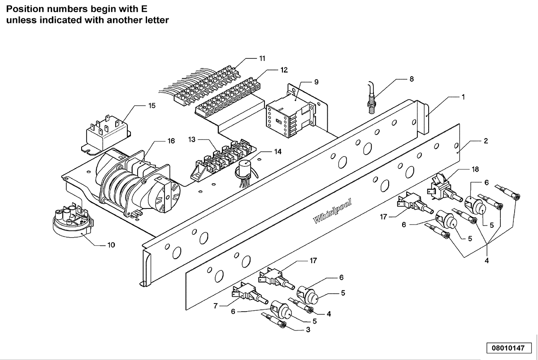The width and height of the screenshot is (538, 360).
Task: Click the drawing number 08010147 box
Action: [x=509, y=348]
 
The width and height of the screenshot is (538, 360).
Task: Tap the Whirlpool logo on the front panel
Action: [x=332, y=211]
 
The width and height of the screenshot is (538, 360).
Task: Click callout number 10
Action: [x=111, y=245]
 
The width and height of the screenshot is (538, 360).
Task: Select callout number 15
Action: [x=152, y=106]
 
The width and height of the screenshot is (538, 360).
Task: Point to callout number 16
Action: [x=171, y=141]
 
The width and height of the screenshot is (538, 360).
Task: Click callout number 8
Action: [x=412, y=79]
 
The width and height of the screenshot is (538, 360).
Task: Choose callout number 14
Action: [x=278, y=152]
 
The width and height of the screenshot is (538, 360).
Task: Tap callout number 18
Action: [x=475, y=169]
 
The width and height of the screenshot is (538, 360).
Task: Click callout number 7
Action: [x=216, y=306]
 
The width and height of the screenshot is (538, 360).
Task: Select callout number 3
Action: [x=308, y=330]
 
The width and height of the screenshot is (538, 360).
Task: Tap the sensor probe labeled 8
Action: [x=372, y=98]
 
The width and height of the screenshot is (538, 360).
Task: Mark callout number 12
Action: [x=284, y=70]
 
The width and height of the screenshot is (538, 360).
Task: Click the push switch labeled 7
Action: [x=250, y=294]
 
